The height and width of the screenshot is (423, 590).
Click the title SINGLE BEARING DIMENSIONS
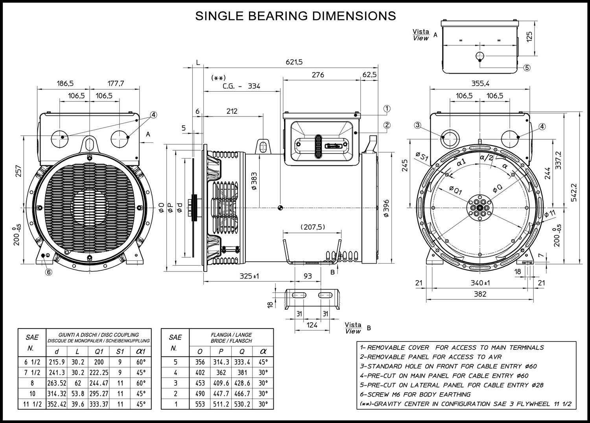click(295, 16)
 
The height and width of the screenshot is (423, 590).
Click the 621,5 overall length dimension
click(294, 62)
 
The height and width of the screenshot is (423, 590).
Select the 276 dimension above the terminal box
click(318, 75)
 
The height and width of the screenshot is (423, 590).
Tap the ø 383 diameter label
click(254, 181)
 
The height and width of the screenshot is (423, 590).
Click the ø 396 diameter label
click(386, 209)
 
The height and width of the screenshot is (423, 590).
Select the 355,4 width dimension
click(480, 83)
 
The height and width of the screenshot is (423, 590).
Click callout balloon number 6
click(49, 272)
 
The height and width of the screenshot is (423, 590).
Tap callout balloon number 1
click(387, 109)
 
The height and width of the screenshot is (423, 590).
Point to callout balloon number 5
click(527, 68)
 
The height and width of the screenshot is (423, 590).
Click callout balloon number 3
click(417, 125)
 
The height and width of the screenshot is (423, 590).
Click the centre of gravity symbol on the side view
click(280, 208)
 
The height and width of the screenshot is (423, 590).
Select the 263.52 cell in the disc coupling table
click(57, 383)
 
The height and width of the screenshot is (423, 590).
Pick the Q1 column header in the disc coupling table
click(99, 351)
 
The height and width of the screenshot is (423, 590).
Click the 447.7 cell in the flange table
click(221, 393)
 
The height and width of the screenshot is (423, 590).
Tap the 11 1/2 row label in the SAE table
click(32, 404)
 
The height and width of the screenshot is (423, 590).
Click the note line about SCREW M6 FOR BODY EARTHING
click(415, 394)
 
